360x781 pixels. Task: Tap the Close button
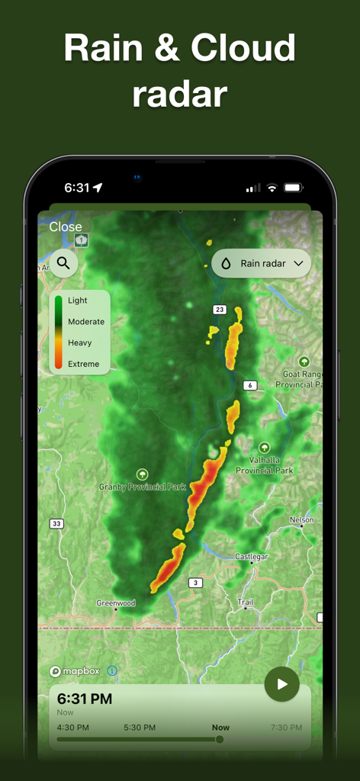click(66, 227)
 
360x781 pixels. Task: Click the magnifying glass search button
click(63, 263)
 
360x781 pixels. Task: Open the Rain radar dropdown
click(262, 263)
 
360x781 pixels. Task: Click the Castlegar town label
click(252, 557)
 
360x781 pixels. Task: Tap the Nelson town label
click(301, 520)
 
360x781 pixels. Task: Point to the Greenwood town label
click(116, 603)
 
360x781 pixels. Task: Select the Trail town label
click(246, 603)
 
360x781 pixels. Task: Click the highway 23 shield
click(220, 309)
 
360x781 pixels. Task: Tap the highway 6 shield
click(249, 385)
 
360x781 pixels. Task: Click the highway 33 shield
click(56, 523)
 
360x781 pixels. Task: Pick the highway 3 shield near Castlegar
click(196, 583)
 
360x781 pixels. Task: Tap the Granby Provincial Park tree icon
click(142, 474)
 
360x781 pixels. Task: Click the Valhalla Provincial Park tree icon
click(264, 448)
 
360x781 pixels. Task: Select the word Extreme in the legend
click(83, 364)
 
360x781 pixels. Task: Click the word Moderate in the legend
click(86, 322)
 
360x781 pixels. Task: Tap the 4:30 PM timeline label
click(72, 728)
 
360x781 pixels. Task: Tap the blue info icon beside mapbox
click(112, 671)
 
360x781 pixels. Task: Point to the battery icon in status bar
click(293, 188)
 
